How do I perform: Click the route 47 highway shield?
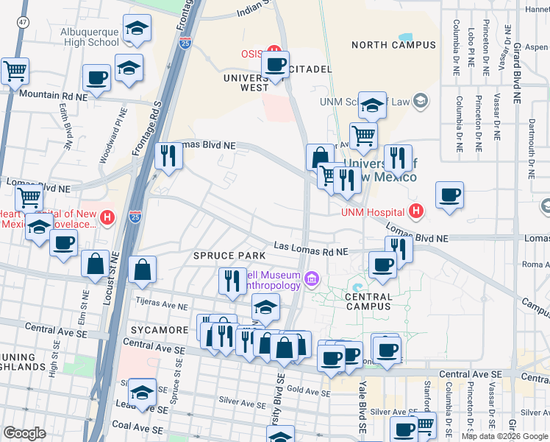click(x=24, y=23)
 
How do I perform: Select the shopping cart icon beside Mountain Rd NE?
click(x=15, y=71)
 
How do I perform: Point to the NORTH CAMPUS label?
click(x=393, y=45)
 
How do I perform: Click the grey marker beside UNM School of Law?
click(x=421, y=100)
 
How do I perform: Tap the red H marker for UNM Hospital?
click(x=416, y=212)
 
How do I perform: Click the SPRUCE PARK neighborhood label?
click(x=229, y=255)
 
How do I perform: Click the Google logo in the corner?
click(x=24, y=433)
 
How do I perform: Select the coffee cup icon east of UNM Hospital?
click(x=449, y=196)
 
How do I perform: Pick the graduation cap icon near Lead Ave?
click(x=142, y=391)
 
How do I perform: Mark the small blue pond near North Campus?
click(x=405, y=36)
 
